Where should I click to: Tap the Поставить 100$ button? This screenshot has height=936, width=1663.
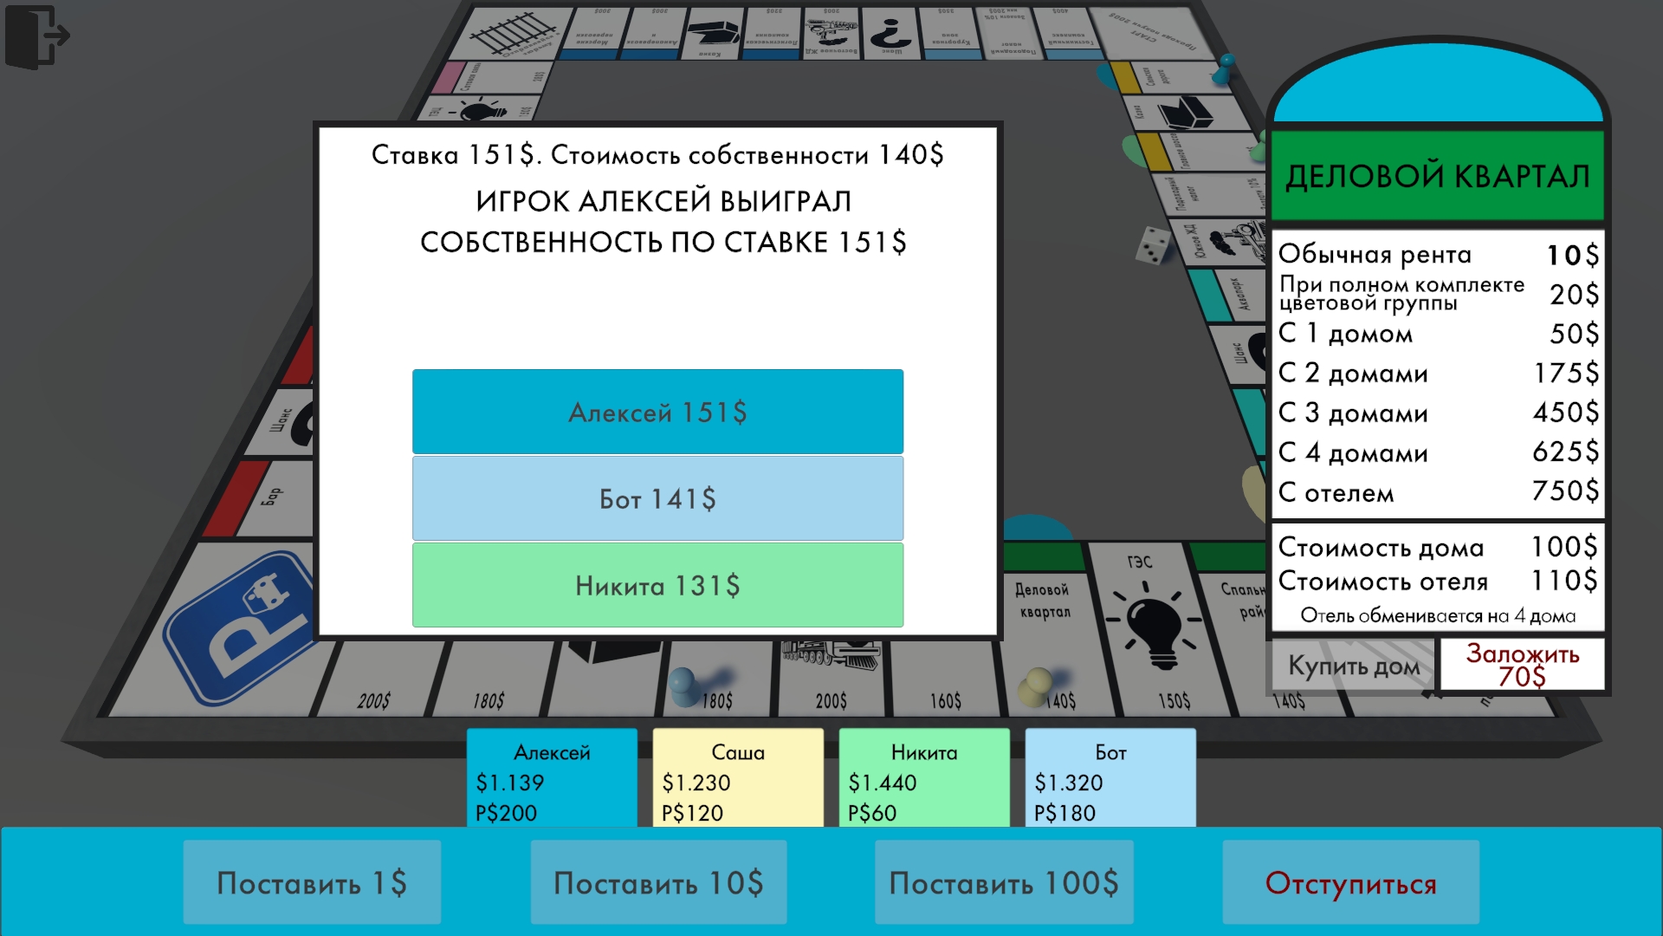click(x=1004, y=882)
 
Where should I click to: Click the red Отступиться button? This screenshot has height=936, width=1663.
click(x=1350, y=882)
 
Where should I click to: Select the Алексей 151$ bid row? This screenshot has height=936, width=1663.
click(x=657, y=412)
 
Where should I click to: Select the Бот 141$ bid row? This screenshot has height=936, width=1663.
click(x=657, y=498)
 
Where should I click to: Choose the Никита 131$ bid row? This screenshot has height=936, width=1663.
click(x=657, y=585)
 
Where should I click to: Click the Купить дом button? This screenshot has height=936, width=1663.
click(x=1353, y=666)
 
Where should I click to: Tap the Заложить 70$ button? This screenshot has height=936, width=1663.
click(x=1522, y=666)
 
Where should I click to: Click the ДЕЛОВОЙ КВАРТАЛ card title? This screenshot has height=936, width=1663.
click(x=1437, y=176)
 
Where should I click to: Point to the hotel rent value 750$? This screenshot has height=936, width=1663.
click(x=1565, y=491)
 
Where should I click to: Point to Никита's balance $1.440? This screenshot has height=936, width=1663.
click(x=882, y=783)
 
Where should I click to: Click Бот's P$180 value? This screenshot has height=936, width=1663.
click(x=1064, y=813)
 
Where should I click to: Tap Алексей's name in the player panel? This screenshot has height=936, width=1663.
click(x=552, y=752)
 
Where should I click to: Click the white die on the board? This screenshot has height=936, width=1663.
click(x=1154, y=244)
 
